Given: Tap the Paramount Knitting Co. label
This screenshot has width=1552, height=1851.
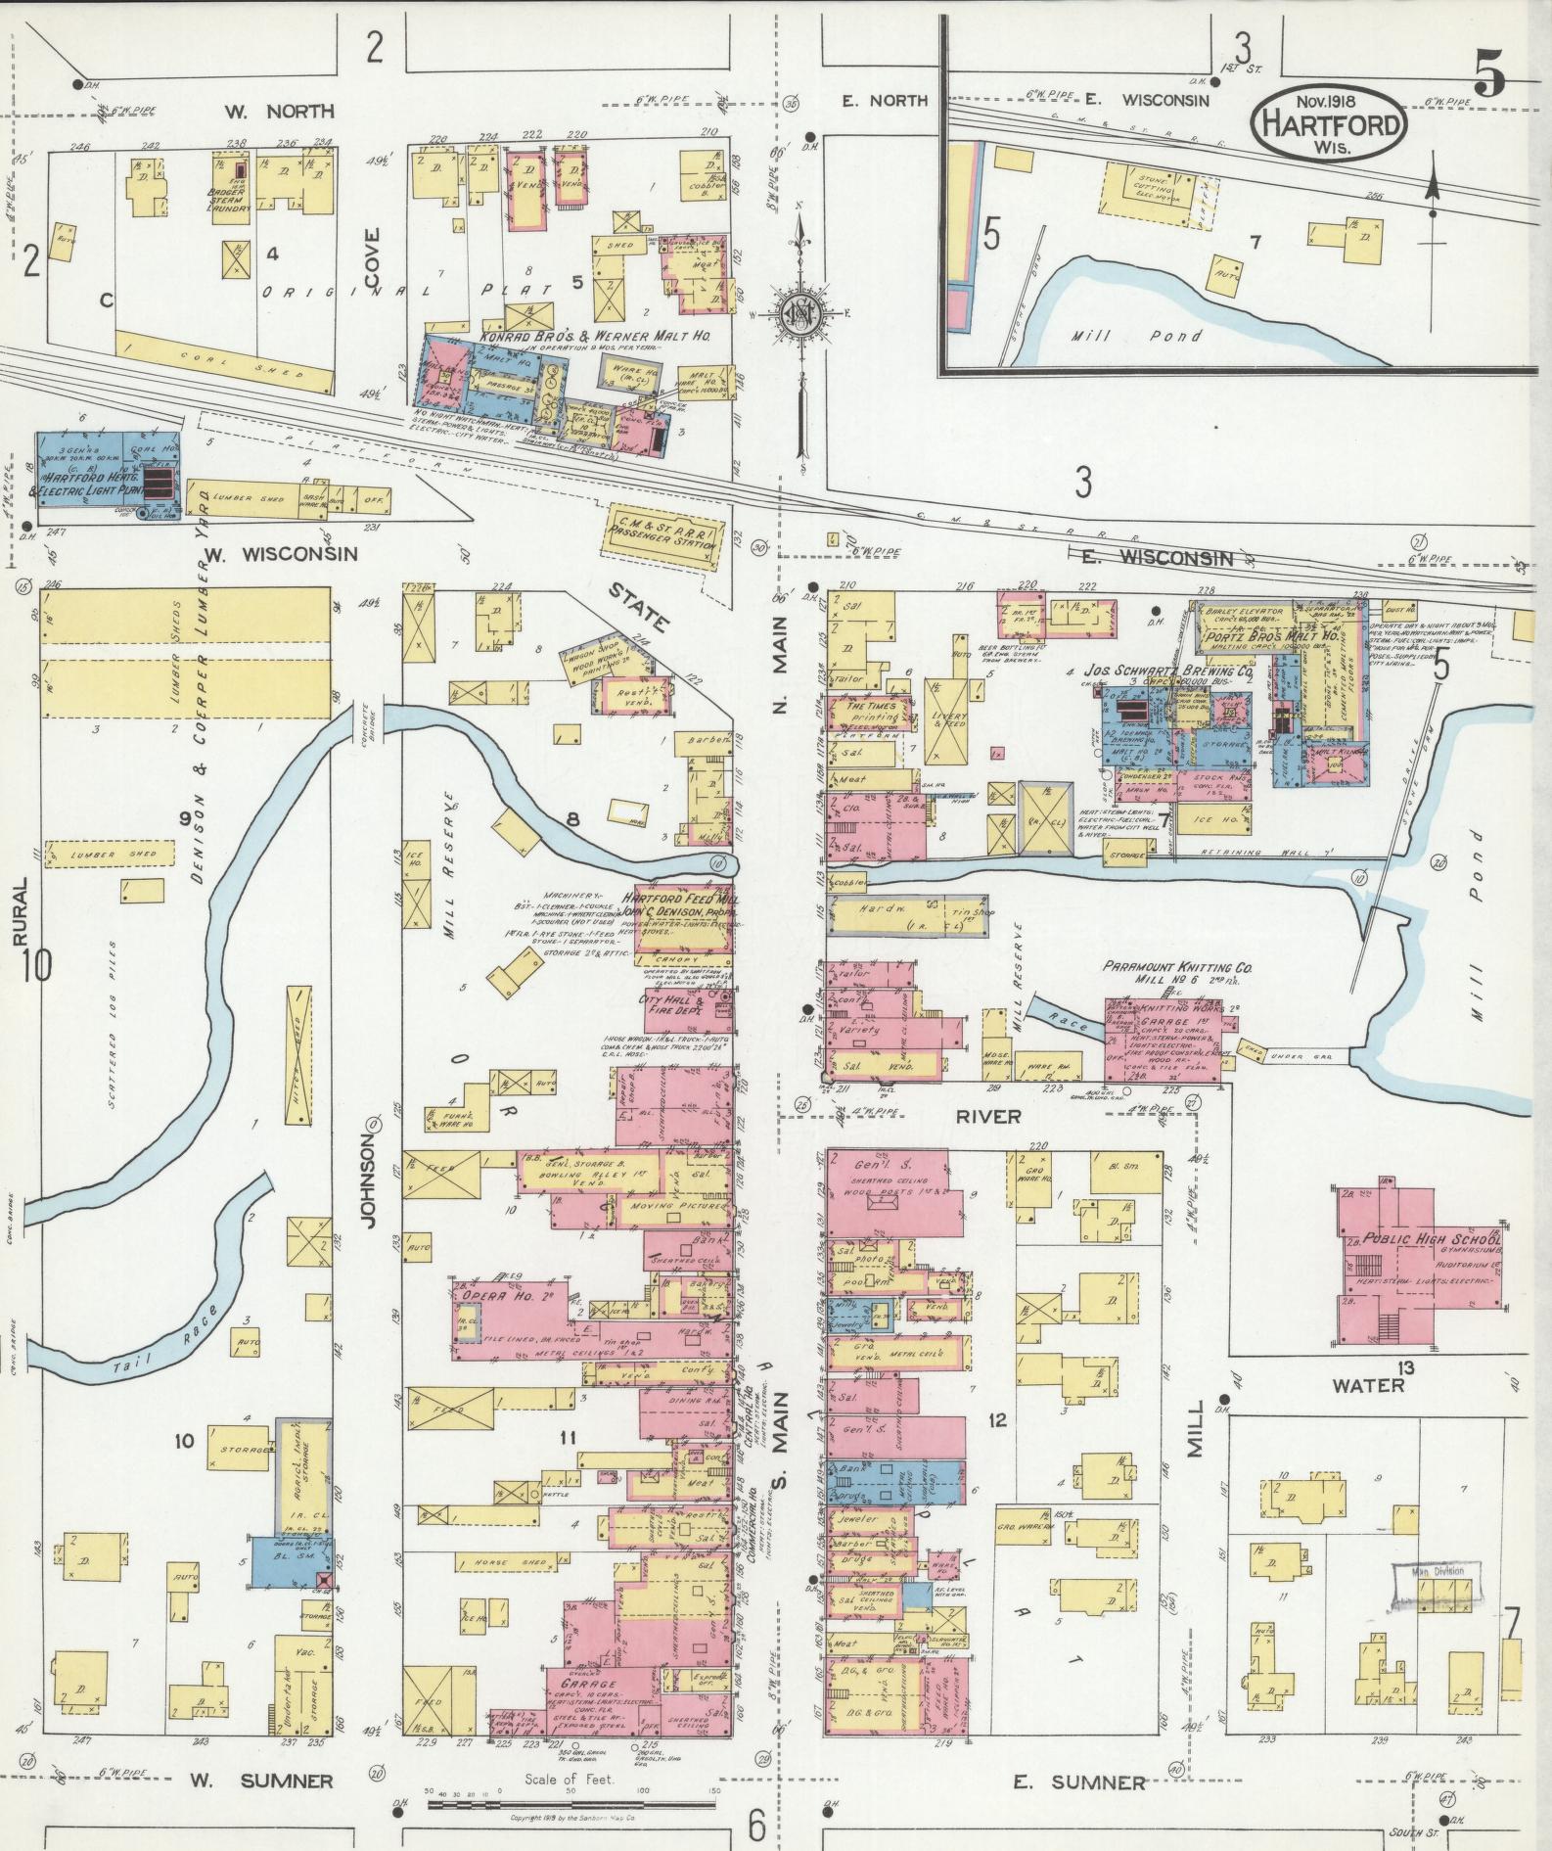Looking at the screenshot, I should (1176, 967).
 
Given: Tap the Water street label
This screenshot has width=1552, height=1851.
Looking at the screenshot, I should (1368, 1386).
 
